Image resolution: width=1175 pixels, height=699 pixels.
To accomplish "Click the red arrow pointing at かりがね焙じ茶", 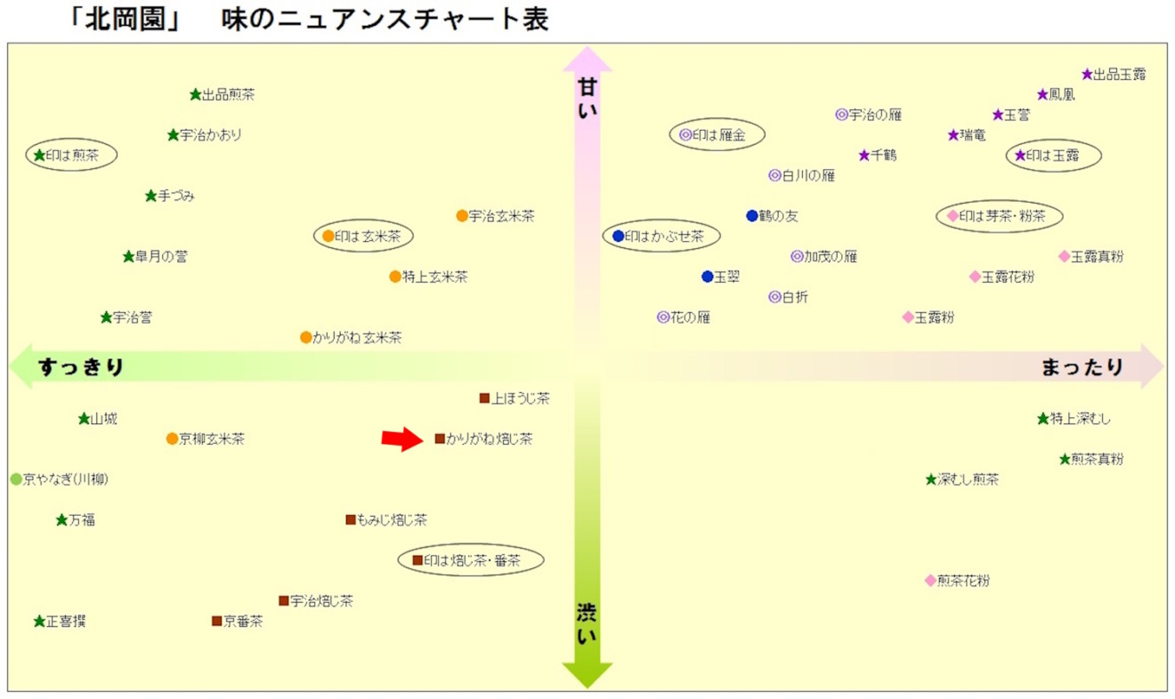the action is pos(402,438).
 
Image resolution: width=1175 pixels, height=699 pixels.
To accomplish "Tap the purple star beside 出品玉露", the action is pos(1087,75).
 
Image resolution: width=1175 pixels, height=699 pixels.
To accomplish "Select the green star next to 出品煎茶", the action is pos(196,95).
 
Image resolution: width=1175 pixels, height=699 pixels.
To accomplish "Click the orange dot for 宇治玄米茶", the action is pos(462,216).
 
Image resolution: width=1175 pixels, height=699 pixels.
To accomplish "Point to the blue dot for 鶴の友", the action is pos(751,216).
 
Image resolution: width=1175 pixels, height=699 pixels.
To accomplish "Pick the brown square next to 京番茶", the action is pos(216,621).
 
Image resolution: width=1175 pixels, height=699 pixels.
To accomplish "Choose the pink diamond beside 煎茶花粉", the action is pos(930,581).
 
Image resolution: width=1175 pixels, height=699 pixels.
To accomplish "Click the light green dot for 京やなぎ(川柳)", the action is pos(16,479).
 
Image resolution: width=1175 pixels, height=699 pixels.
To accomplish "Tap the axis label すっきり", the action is pos(81,366).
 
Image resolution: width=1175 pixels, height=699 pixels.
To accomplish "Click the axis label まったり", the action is pos(1082,366).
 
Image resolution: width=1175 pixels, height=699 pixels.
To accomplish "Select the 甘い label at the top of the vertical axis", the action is pos(587,98).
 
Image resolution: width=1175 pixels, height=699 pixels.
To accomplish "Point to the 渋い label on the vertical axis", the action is pos(587,623).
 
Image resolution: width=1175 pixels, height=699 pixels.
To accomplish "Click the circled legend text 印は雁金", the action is pos(718,135).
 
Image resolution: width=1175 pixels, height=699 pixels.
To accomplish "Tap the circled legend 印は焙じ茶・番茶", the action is pos(472,560).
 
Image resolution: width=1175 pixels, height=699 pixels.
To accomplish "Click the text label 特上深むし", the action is pos(1081,419).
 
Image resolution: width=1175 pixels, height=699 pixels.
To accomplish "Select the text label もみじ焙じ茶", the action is pos(392,519).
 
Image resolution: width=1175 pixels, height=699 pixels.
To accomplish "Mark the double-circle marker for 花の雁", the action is pos(663,317).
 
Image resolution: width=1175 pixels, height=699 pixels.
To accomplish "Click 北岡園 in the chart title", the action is pos(126,20).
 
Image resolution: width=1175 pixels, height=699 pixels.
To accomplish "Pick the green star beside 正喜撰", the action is pos(39,622).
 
